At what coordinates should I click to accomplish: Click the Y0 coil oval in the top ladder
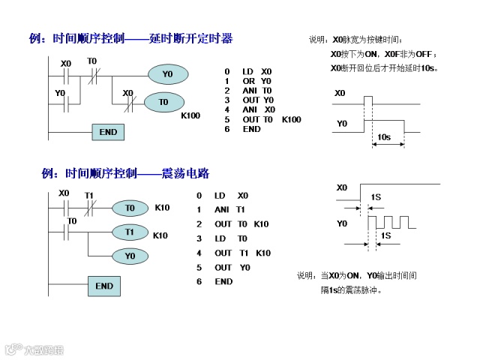click(166, 74)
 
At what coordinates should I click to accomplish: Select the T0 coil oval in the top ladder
click(163, 102)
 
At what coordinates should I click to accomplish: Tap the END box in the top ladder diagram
click(108, 132)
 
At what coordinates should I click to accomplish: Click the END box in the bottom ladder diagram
click(104, 286)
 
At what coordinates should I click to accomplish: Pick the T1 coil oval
click(130, 232)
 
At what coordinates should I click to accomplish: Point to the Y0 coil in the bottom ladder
click(130, 256)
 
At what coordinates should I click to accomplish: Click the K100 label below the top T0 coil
click(190, 116)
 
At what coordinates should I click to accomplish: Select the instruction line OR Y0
click(256, 81)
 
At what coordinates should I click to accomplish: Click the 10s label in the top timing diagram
click(384, 138)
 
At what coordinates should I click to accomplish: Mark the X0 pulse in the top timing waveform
click(367, 99)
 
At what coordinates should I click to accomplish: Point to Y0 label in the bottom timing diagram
click(342, 223)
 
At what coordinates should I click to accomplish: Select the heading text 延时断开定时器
click(190, 38)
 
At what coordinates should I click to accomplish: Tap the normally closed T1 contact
click(89, 207)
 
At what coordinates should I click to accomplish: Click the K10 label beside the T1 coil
click(160, 235)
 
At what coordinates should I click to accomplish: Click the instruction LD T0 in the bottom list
click(232, 238)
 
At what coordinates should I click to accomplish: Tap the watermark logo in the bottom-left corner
click(34, 349)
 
